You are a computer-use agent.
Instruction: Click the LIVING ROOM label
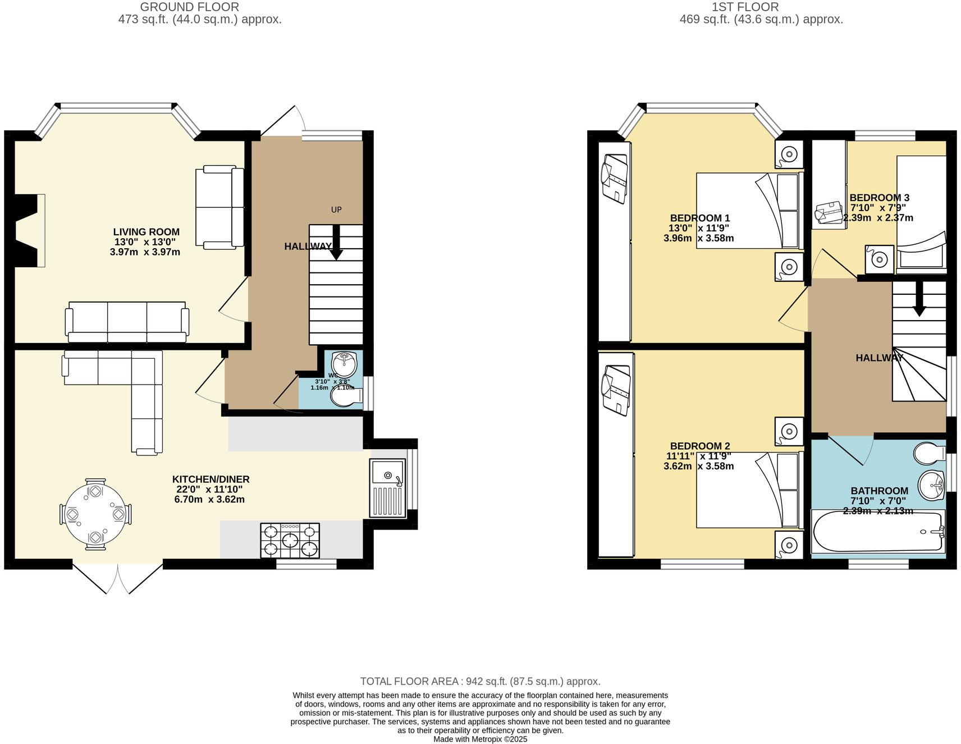(x=146, y=232)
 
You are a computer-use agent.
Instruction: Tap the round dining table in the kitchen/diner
(x=95, y=514)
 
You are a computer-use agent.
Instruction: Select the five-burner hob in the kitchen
(x=290, y=540)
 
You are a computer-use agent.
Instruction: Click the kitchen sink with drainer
(x=387, y=487)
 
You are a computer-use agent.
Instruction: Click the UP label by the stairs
(x=336, y=209)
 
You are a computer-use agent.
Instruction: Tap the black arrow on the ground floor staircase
(x=336, y=243)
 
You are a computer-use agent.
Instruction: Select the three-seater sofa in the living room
(x=127, y=322)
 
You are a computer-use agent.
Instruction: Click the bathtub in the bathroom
(x=877, y=532)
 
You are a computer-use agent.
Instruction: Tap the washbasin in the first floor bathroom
(x=932, y=485)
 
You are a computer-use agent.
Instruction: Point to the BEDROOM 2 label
(x=699, y=446)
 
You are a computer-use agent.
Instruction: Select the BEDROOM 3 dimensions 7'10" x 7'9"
(x=878, y=208)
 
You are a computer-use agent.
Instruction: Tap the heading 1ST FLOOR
(x=745, y=7)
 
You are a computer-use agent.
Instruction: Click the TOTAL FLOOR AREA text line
(x=480, y=681)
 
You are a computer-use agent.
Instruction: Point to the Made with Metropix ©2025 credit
(x=480, y=739)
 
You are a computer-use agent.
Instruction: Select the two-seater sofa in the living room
(x=219, y=207)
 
